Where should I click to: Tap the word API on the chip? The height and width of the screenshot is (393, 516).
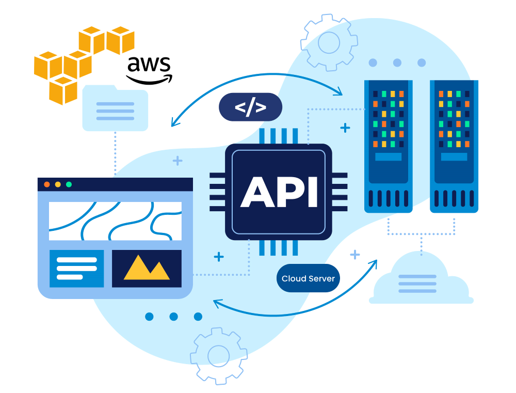click(x=279, y=192)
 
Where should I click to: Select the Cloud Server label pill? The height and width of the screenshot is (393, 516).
click(x=308, y=278)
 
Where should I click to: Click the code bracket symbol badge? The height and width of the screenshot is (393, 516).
click(x=250, y=107)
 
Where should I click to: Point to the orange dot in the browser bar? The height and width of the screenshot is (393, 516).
click(x=47, y=184)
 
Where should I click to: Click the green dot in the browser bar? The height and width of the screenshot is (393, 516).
click(x=69, y=184)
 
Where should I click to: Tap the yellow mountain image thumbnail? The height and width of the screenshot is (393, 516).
click(x=147, y=269)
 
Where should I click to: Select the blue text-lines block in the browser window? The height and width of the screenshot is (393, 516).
click(x=77, y=269)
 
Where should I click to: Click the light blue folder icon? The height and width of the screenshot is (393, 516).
click(x=115, y=108)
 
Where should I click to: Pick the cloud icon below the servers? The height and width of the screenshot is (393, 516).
click(x=421, y=278)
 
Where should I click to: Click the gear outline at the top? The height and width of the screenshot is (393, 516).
click(x=329, y=42)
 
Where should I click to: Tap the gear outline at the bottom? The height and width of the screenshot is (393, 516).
click(x=218, y=356)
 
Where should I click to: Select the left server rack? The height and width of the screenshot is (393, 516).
click(x=389, y=146)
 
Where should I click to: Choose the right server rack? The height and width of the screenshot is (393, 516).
click(x=454, y=146)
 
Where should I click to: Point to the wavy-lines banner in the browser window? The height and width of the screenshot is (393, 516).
click(x=115, y=221)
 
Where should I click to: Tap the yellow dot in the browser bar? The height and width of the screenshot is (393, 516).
click(x=58, y=184)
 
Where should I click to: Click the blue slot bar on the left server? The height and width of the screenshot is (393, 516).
click(x=389, y=157)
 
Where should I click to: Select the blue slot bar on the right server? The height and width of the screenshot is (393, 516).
click(x=454, y=157)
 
